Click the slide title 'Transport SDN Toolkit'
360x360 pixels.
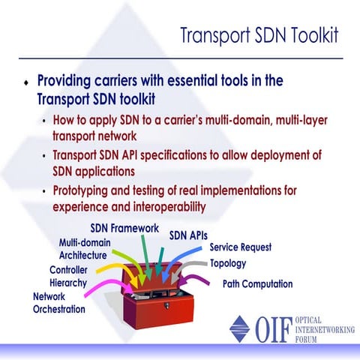259,35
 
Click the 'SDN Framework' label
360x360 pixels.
125,227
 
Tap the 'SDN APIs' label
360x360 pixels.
188,235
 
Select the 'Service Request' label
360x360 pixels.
240,247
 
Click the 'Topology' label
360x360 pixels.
228,263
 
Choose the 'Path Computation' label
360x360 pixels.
257,284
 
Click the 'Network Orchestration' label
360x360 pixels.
59,302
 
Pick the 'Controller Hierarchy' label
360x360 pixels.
68,276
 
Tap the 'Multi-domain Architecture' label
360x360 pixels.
85,248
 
